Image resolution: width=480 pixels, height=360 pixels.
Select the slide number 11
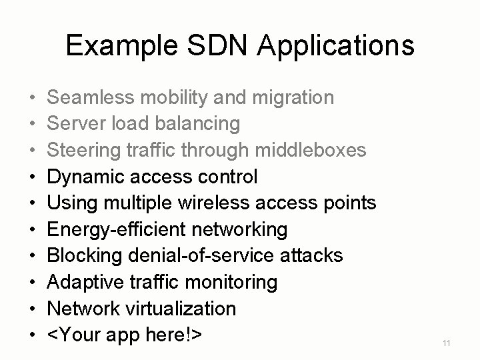pos(447,343)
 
